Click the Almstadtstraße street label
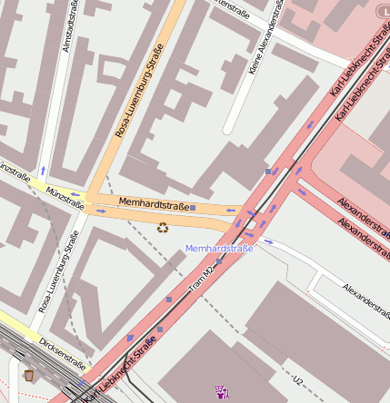[x=69, y=26]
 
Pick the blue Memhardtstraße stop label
[x=219, y=248]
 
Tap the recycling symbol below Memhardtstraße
[x=163, y=227]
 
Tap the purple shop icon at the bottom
[x=221, y=392]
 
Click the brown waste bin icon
[x=29, y=375]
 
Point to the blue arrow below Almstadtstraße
[x=42, y=170]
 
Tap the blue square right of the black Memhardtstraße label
[x=193, y=208]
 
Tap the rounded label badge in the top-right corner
[x=382, y=10]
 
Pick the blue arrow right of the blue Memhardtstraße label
[x=267, y=241]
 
